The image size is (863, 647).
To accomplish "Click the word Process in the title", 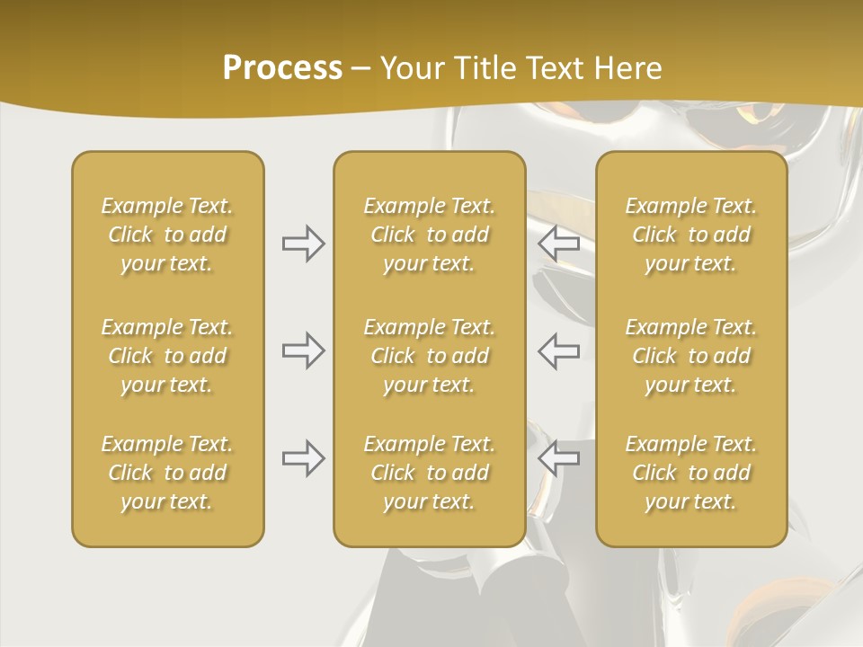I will [x=282, y=68].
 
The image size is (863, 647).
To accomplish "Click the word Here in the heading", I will [x=629, y=68].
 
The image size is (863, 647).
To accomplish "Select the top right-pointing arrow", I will [x=303, y=244].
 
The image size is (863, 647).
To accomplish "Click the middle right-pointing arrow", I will [x=303, y=350].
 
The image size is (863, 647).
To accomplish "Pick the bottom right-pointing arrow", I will [x=303, y=458].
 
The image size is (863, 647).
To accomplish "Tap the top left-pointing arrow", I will [x=559, y=244].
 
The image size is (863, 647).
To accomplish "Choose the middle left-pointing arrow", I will [x=559, y=350].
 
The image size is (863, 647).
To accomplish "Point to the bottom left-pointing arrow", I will [x=559, y=458].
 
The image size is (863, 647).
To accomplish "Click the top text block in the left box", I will [x=167, y=235].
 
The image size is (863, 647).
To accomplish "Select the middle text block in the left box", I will [x=167, y=356].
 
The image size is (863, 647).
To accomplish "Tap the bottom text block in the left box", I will [x=167, y=473].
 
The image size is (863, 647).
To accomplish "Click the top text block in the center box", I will [x=429, y=235].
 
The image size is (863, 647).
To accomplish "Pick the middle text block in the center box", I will [x=429, y=356].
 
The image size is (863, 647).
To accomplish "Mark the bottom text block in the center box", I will [x=429, y=473].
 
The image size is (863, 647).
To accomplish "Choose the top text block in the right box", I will [x=691, y=235].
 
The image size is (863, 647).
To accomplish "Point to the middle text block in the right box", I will [x=691, y=356].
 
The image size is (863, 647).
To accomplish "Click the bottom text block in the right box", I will [x=691, y=473].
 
